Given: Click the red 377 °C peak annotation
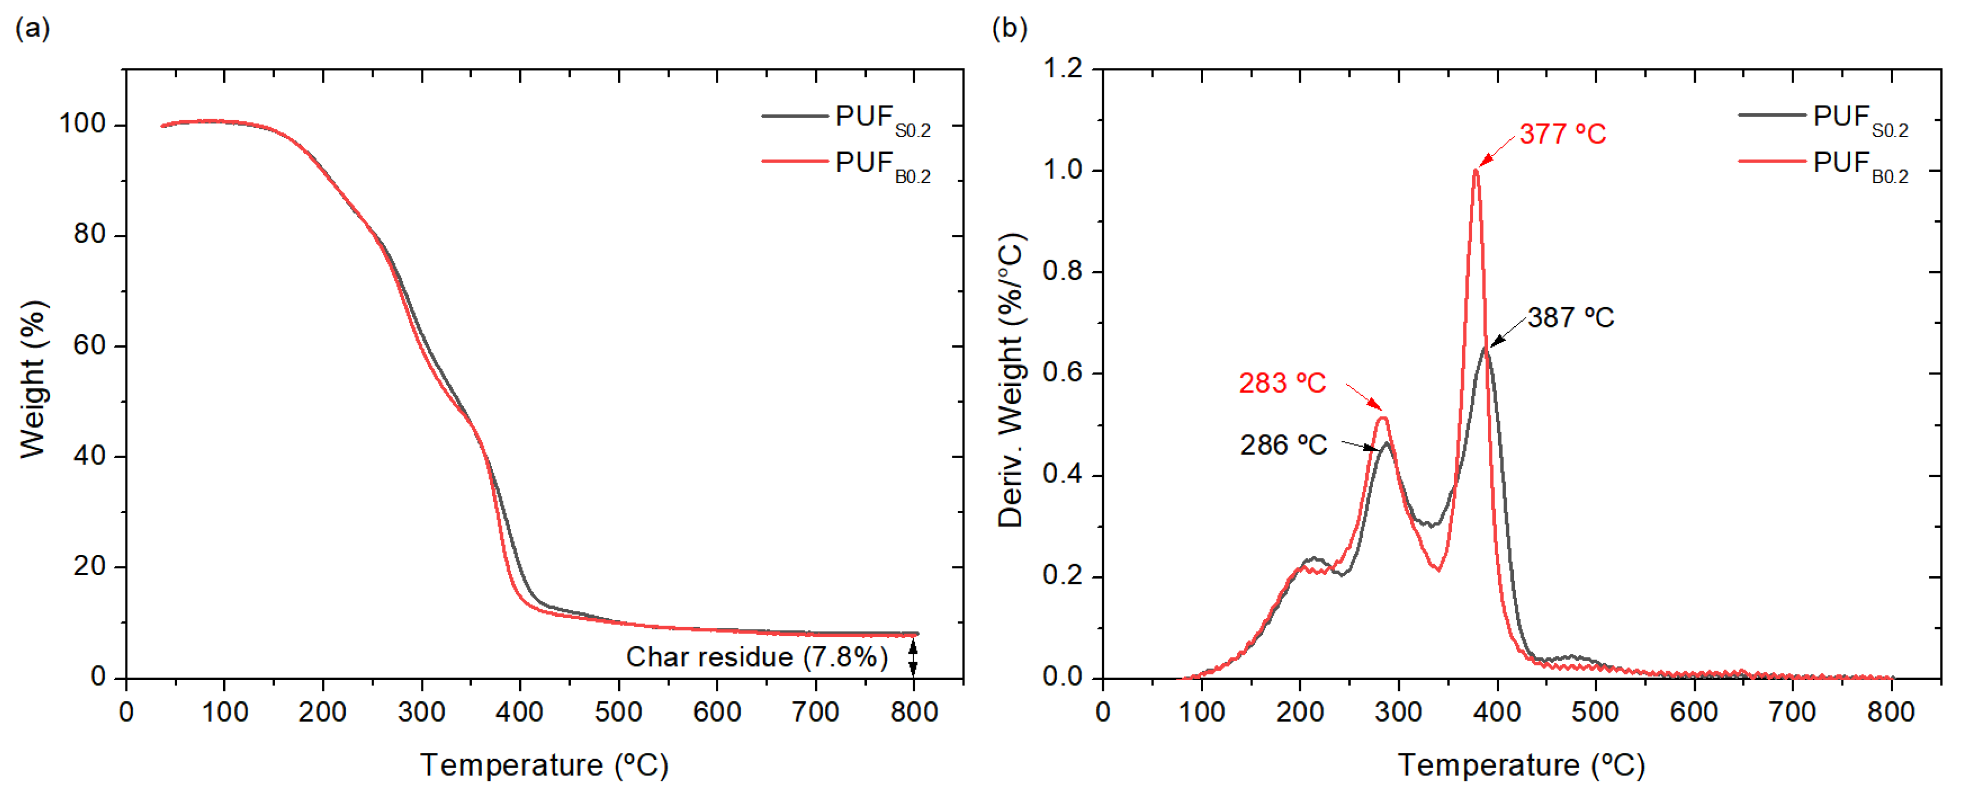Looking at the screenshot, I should coord(1562,134).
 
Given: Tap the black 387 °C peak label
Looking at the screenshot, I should coord(1570,317).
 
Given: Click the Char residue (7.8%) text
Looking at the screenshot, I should coord(757,657).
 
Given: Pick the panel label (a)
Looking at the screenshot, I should coord(32,28).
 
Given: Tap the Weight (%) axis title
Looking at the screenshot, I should coord(34,379).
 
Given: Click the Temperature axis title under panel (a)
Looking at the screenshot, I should coord(544,765).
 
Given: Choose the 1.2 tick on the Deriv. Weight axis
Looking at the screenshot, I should coord(1063,69).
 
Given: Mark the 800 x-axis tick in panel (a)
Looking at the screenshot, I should coord(914,712).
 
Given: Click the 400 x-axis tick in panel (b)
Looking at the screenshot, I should coord(1497,712).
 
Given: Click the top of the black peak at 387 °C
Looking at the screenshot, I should coord(1485,348).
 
